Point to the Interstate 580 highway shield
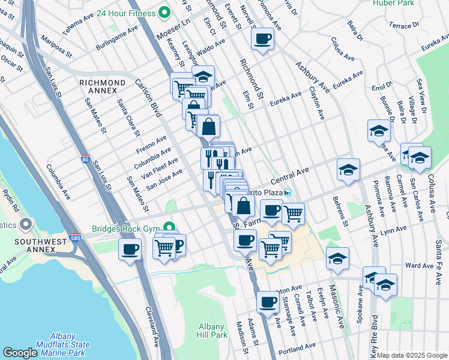point(74,239)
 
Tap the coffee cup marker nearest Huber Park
point(263,40)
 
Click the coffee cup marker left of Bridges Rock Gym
point(129,249)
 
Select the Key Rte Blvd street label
point(374,335)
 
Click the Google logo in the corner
point(20,353)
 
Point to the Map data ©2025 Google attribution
point(412,355)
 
